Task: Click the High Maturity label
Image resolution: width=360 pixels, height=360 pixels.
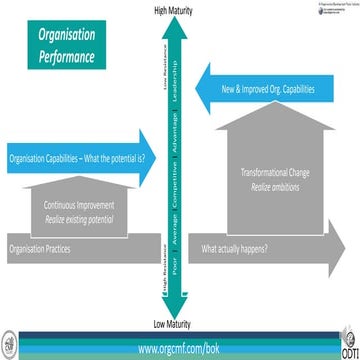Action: [173, 10]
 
